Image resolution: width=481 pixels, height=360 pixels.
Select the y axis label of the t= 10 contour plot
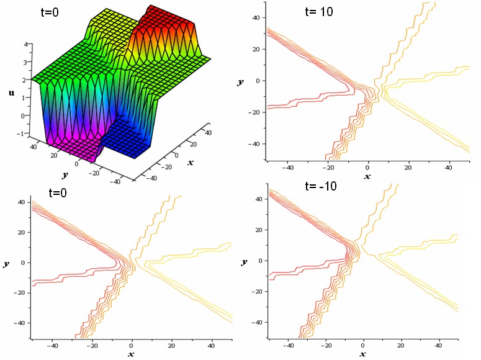240,81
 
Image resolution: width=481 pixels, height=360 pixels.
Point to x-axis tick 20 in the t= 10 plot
408,168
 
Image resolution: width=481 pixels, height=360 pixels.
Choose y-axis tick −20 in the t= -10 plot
254,292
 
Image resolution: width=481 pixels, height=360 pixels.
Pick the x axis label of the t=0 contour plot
132,354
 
